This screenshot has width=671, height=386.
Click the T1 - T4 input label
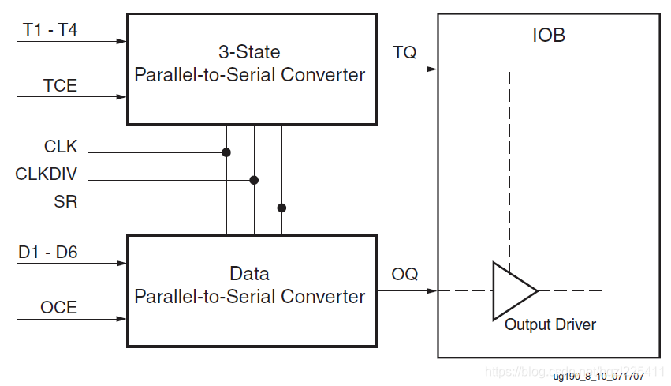tap(50, 31)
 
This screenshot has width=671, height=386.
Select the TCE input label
tap(60, 86)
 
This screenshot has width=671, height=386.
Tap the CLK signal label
tap(61, 146)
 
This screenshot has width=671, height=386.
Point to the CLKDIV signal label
tap(47, 174)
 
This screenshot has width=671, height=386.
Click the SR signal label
tap(66, 201)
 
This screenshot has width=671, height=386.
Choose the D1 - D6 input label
tap(47, 253)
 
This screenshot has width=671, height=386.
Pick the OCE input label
tap(59, 308)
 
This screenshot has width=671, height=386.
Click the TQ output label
tap(404, 53)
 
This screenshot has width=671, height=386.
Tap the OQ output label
tap(404, 275)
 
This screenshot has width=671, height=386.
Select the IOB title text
tap(549, 36)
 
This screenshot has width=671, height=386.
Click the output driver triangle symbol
tap(511, 290)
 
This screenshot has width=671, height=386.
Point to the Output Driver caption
tap(550, 324)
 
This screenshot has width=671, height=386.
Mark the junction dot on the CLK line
tap(226, 152)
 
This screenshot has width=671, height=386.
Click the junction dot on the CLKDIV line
tap(254, 180)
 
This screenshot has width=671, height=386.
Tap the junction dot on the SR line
tap(281, 208)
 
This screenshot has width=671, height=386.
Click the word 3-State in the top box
tap(249, 53)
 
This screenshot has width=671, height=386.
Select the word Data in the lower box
tap(249, 274)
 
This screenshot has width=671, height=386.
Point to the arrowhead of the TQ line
tap(432, 69)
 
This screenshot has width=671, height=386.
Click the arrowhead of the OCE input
tap(121, 319)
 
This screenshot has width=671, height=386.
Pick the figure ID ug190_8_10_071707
tap(598, 377)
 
